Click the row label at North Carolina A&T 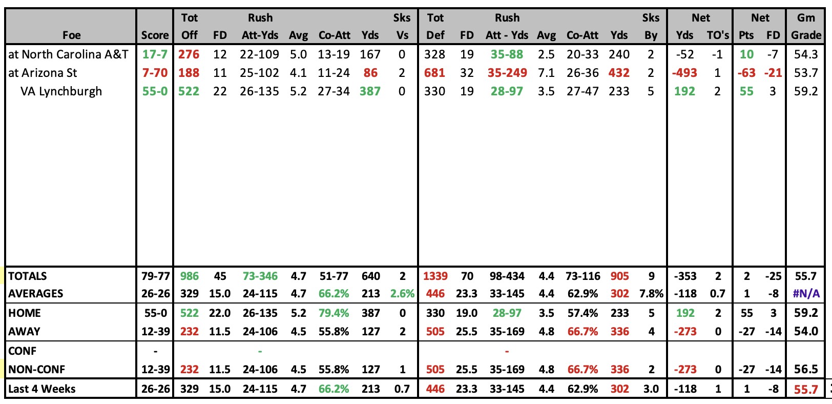pos(68,54)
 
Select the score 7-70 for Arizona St pos(155,72)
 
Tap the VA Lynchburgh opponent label pos(61,91)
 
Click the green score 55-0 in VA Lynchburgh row pos(155,91)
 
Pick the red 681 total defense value pos(434,72)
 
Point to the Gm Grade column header pos(806,26)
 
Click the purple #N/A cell pos(806,294)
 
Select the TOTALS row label pos(28,276)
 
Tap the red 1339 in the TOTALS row pos(435,276)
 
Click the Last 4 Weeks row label pos(41,389)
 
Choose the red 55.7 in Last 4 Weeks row pos(806,389)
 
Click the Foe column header pos(71,35)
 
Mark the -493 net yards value pos(684,72)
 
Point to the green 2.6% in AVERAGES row pos(402,294)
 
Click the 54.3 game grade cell pos(806,54)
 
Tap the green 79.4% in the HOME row pos(334,313)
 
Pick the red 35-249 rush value pos(507,72)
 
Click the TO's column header pos(718,35)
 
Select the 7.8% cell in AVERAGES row pos(651,294)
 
